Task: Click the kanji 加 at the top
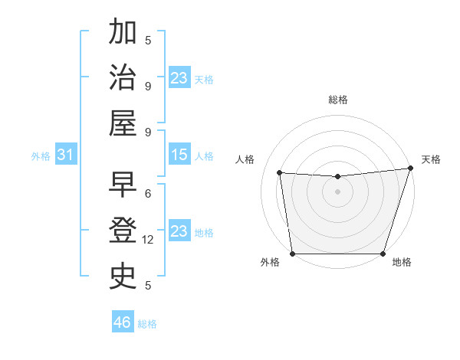pos(123,33)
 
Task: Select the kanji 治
pos(123,79)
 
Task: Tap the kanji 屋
pos(123,124)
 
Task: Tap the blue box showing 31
pos(65,155)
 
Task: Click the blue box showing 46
pos(123,322)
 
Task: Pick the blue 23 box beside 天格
pos(179,78)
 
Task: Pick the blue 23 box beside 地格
pos(179,231)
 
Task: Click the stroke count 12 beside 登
pos(149,240)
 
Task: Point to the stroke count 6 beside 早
pos(148,193)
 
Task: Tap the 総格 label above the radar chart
pos(337,100)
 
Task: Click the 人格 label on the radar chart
pos(245,159)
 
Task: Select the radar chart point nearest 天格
pos(410,168)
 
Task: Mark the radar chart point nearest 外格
pos(292,254)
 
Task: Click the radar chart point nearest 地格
pos(383,254)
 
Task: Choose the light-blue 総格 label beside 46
pos(147,324)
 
